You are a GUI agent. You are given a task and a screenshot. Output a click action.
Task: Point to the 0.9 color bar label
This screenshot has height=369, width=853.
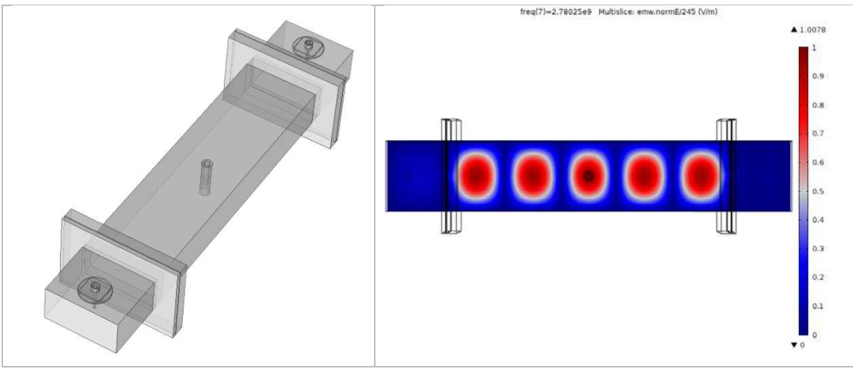(818, 76)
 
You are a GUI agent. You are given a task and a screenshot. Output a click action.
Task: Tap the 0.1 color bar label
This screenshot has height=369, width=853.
(818, 306)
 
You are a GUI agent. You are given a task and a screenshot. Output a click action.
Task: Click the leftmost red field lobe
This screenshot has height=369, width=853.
(477, 175)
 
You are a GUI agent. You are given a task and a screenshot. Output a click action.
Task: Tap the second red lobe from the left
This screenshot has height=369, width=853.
(533, 175)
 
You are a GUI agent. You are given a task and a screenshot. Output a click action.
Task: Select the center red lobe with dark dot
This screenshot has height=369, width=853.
(589, 175)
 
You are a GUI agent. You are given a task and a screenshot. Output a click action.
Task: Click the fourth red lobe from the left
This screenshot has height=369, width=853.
(644, 175)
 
